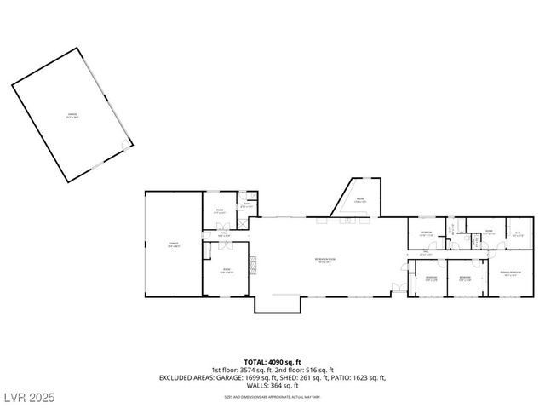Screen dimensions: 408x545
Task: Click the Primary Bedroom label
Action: click(x=511, y=274)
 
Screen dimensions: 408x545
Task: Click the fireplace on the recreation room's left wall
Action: click(x=253, y=262)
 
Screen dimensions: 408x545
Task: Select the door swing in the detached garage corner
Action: click(x=126, y=144)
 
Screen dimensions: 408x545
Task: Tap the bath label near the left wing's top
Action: click(x=247, y=204)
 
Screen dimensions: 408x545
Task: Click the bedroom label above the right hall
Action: click(x=426, y=233)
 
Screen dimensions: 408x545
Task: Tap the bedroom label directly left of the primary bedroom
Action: click(x=465, y=278)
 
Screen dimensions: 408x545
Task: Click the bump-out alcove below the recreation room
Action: click(x=277, y=302)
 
